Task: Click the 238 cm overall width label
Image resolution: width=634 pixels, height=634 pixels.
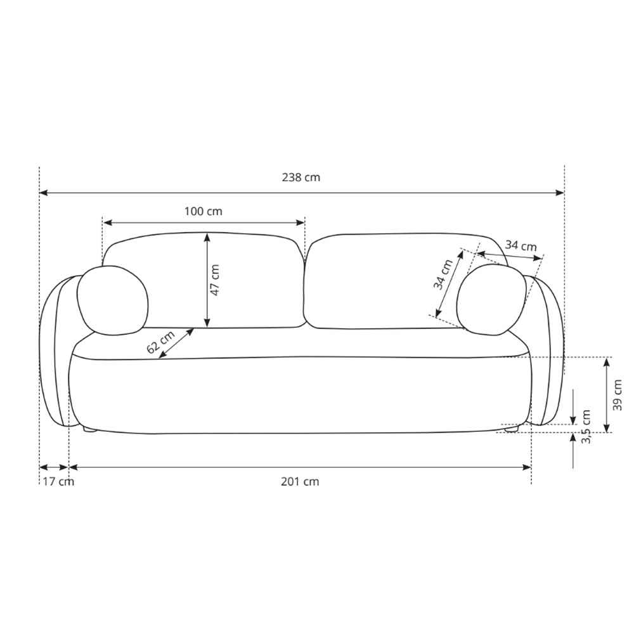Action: coord(301,178)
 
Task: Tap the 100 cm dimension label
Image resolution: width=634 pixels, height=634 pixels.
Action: coord(204,211)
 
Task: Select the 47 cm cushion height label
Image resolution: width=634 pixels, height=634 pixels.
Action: coord(216,280)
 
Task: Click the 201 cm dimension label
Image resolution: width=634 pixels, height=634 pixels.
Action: coord(300,482)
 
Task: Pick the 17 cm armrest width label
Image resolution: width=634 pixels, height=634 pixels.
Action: coord(58,482)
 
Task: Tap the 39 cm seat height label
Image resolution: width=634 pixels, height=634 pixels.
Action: coord(618,394)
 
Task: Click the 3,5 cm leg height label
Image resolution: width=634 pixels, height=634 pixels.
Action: coord(586,426)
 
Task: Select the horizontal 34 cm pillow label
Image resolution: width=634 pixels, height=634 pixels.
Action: coord(521,246)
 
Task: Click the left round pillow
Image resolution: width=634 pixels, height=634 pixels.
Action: coord(112,299)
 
